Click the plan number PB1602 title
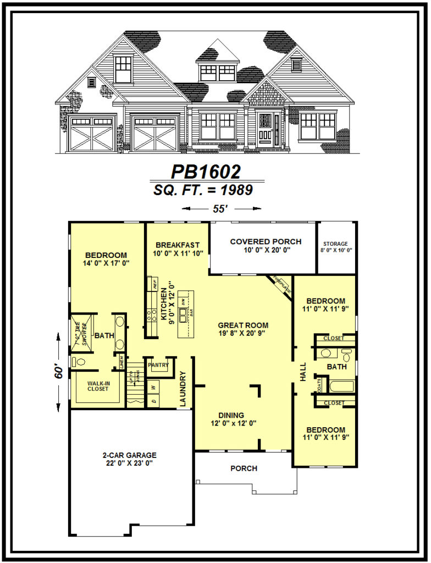tap(206, 172)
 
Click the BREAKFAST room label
tap(177, 245)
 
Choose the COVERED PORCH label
tap(266, 241)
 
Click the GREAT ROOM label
tap(239, 324)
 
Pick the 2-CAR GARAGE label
tap(129, 455)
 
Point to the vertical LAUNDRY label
tap(183, 389)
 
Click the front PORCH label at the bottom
tap(244, 468)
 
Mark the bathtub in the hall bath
tap(341, 385)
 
